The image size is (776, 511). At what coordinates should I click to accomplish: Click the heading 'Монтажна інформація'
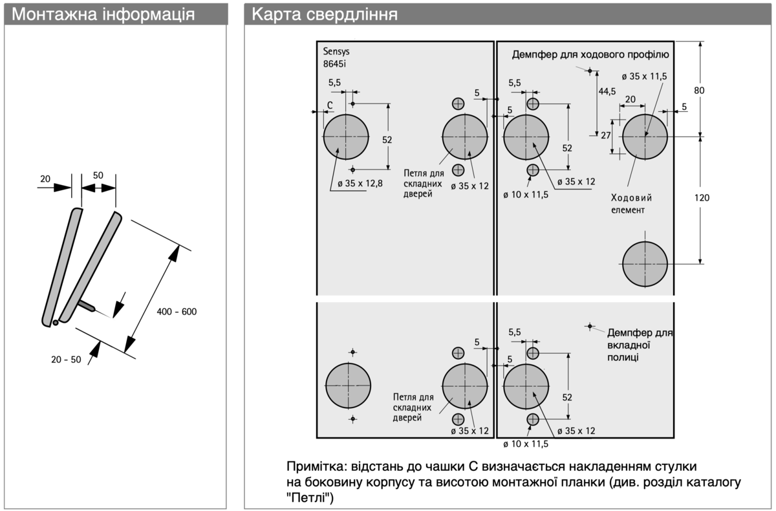click(x=103, y=14)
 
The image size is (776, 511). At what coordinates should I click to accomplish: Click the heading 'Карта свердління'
click(x=324, y=14)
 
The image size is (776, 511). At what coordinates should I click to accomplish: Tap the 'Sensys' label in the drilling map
click(x=336, y=52)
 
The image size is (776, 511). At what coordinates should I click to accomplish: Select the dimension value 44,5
click(x=607, y=91)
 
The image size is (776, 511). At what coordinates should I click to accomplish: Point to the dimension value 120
click(x=702, y=198)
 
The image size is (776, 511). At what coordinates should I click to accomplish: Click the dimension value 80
click(x=699, y=91)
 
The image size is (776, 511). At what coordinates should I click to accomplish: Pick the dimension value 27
click(x=606, y=135)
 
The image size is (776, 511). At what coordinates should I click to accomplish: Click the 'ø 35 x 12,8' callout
click(x=360, y=184)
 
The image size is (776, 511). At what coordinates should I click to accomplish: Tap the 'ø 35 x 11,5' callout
click(x=644, y=76)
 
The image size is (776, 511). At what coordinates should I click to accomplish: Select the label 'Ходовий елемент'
click(x=631, y=203)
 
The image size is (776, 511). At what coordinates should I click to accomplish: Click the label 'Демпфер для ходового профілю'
click(x=590, y=54)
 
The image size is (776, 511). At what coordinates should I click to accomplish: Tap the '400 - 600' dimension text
click(x=177, y=312)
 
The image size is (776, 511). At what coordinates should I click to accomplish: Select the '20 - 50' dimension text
click(x=67, y=360)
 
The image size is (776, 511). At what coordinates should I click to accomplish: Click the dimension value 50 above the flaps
click(x=98, y=175)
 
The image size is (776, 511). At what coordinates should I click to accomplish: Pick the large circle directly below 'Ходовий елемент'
click(x=645, y=264)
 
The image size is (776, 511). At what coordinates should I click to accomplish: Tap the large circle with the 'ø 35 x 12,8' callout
click(x=346, y=136)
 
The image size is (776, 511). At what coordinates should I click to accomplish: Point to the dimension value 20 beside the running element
click(x=630, y=99)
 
